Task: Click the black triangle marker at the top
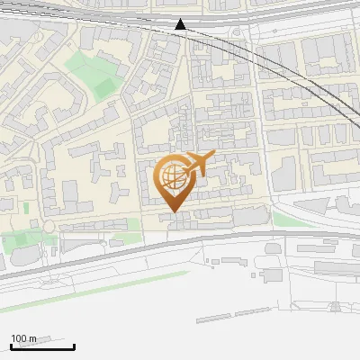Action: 180,24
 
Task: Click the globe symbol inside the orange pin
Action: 171,176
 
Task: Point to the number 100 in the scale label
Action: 20,338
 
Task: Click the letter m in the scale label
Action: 34,338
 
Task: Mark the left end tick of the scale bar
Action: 11,346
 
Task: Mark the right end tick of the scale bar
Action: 74,346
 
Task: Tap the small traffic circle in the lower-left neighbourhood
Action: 49,226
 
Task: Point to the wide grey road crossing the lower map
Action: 225,238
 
